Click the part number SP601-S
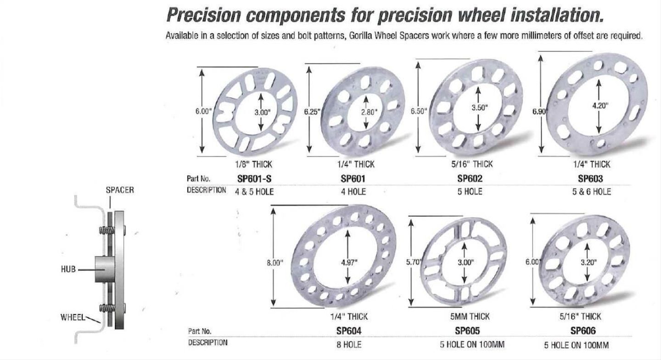pos(254,179)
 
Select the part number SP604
pos(349,331)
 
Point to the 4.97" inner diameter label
pos(349,262)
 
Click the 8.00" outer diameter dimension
pos(275,263)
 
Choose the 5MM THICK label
pos(470,317)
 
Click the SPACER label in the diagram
pos(120,190)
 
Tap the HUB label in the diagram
pos(68,269)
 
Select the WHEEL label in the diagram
pos(73,317)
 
